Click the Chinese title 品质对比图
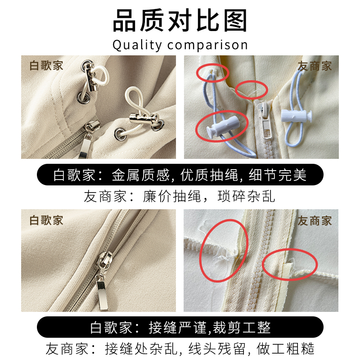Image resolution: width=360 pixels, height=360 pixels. point(180,20)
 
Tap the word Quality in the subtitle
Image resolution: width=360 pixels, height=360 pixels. point(137,45)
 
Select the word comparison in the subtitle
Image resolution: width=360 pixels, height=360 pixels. point(207,45)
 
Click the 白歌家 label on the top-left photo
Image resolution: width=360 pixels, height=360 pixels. point(46,66)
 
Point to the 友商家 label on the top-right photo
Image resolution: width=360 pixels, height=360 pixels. point(315,66)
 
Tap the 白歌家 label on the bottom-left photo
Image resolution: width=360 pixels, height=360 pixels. point(46,220)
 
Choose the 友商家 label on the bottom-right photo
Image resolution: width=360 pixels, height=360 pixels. point(315,221)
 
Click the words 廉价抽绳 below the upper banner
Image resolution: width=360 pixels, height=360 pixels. point(172,196)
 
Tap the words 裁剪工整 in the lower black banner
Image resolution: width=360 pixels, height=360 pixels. point(242,328)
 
